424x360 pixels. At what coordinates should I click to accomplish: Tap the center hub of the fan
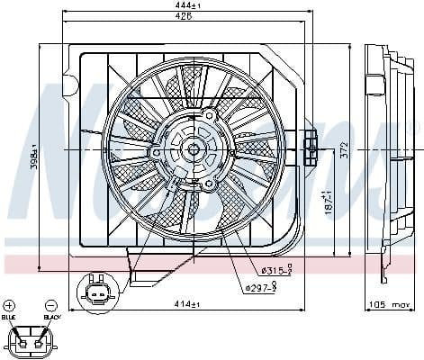click(194, 150)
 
